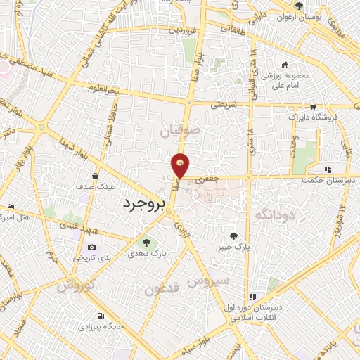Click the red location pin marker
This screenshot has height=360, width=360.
pyautogui.click(x=181, y=165)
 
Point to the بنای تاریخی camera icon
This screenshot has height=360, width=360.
pyautogui.click(x=92, y=247)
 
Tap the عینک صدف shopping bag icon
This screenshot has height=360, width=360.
pyautogui.click(x=94, y=176)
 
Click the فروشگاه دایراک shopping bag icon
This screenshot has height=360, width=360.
pyautogui.click(x=310, y=106)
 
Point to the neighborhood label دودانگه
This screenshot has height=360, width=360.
pyautogui.click(x=274, y=214)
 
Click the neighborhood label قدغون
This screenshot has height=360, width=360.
pyautogui.click(x=163, y=288)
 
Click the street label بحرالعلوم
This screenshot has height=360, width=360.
pyautogui.click(x=103, y=87)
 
